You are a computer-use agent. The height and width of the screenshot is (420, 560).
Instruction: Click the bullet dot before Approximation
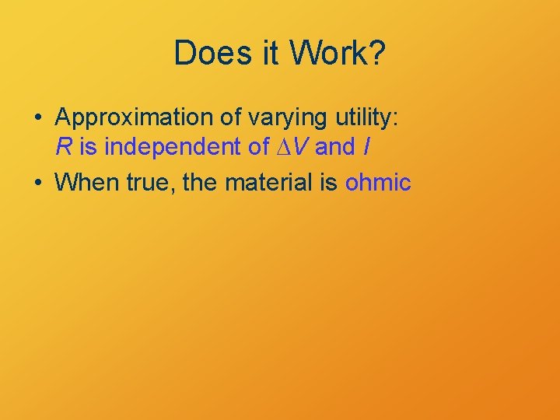[x=38, y=118]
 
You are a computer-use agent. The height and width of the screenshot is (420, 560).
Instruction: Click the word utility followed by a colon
[x=360, y=117]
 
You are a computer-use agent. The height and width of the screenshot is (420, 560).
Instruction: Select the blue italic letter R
[x=63, y=145]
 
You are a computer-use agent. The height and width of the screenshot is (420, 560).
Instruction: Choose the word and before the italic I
[x=334, y=145]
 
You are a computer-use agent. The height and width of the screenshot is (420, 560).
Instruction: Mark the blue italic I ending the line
[x=366, y=145]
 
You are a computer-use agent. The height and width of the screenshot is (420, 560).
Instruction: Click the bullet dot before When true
[x=38, y=183]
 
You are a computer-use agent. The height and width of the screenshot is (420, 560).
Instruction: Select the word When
[x=86, y=183]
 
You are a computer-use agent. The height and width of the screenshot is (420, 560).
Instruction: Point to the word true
[x=149, y=183]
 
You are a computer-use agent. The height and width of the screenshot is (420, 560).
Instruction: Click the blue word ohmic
[x=377, y=183]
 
